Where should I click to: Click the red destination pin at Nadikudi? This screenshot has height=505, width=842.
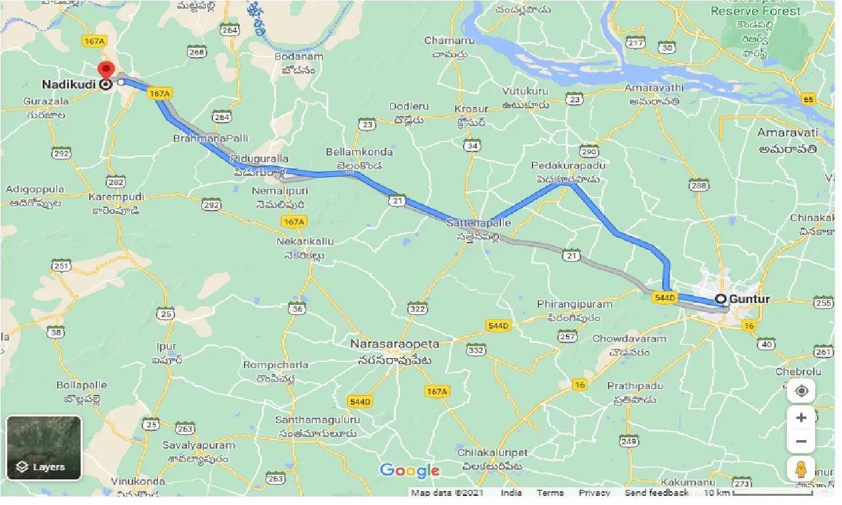tap(105, 70)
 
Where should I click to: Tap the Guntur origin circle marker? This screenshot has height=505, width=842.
tap(721, 299)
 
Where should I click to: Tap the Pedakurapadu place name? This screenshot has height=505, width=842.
tap(568, 165)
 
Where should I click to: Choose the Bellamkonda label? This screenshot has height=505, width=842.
tap(359, 152)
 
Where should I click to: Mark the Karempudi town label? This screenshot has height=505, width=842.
tap(117, 197)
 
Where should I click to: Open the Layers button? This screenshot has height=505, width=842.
tap(44, 448)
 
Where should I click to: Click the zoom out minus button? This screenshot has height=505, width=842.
tap(801, 441)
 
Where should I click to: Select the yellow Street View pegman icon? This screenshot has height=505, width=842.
tap(801, 470)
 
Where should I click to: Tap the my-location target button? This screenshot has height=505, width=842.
tap(801, 392)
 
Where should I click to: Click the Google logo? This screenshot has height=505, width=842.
tap(409, 470)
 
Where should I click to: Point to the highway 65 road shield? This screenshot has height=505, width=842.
tap(807, 99)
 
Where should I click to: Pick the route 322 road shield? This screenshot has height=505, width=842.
tap(417, 308)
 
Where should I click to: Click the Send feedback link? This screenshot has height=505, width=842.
tap(656, 493)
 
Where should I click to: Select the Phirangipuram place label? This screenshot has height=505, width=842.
tap(574, 304)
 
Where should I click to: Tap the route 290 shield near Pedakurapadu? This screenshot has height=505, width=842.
tap(589, 151)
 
